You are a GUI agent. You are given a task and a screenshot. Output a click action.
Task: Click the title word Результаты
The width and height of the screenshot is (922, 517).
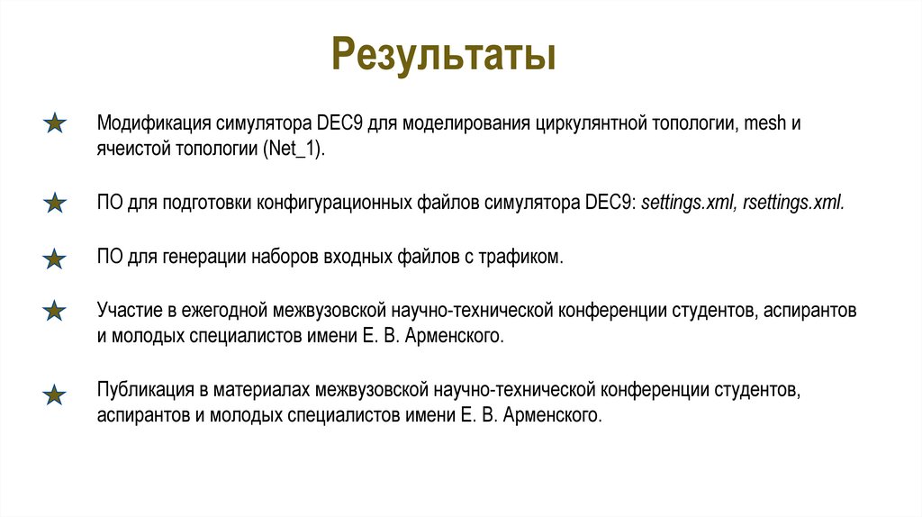click(443, 54)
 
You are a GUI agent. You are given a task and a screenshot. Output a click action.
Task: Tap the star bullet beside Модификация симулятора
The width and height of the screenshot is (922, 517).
click(55, 123)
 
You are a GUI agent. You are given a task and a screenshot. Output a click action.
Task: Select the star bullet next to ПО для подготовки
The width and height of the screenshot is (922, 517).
click(55, 203)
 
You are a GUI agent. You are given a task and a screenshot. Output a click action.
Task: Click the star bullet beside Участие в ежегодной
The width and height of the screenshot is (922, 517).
click(55, 312)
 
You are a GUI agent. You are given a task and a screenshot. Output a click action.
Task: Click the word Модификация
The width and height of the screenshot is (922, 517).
click(151, 123)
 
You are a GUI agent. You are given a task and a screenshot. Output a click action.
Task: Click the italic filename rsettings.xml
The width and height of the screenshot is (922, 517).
click(792, 203)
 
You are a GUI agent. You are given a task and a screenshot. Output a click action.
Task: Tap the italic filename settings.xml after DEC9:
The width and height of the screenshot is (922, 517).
click(688, 203)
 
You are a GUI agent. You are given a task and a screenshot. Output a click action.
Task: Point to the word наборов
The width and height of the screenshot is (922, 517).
click(285, 258)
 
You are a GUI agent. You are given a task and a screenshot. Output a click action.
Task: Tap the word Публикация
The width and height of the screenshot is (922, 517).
click(142, 392)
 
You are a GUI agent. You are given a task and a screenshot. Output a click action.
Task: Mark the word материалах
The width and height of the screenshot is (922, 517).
click(268, 392)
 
